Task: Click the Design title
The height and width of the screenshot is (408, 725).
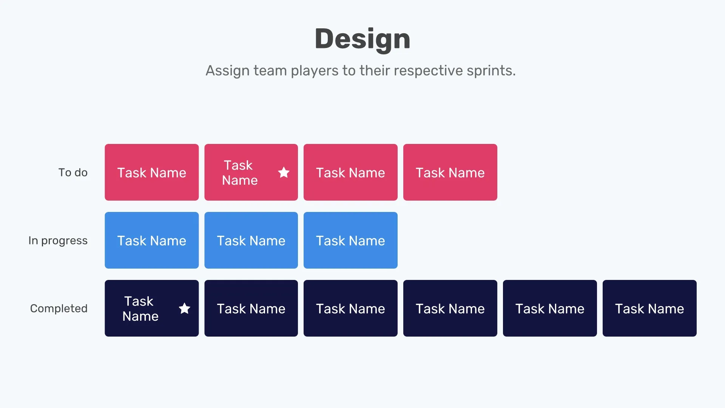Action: [x=362, y=39]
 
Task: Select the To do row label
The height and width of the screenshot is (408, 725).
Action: [x=73, y=173]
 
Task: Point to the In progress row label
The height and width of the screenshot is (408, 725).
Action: [x=58, y=241]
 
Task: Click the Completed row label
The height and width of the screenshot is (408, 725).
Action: [x=59, y=309]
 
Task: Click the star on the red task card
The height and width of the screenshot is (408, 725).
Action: [x=284, y=173]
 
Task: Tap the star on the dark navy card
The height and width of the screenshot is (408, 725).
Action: [x=184, y=309]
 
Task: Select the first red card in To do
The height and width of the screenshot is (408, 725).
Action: [x=151, y=172]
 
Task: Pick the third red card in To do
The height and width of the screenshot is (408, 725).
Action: [x=350, y=172]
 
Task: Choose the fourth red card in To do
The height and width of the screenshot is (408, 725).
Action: [x=450, y=172]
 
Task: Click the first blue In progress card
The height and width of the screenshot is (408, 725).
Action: [x=151, y=240]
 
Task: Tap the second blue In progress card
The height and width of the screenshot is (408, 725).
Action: [x=251, y=240]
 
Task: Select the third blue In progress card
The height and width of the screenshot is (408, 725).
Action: [x=350, y=240]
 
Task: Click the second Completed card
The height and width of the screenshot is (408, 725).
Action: [x=251, y=308]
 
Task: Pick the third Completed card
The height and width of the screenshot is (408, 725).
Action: [x=350, y=308]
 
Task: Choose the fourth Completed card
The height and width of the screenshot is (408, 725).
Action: [x=450, y=308]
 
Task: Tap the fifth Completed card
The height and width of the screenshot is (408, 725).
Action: [x=550, y=308]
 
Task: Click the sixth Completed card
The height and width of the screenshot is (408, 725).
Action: [x=649, y=308]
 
